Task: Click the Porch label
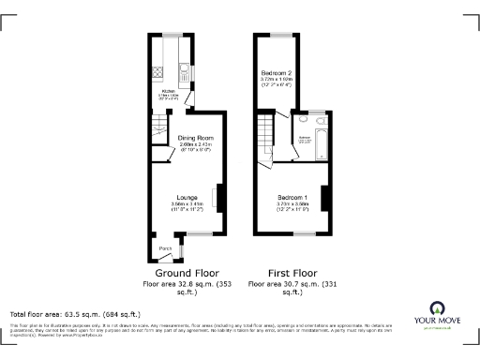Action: pos(164,247)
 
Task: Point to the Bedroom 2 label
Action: pos(277,72)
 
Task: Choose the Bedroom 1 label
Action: pos(292,196)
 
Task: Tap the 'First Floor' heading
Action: pos(283,272)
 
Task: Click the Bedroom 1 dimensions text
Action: pos(292,205)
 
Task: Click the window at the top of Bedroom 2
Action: pos(278,35)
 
